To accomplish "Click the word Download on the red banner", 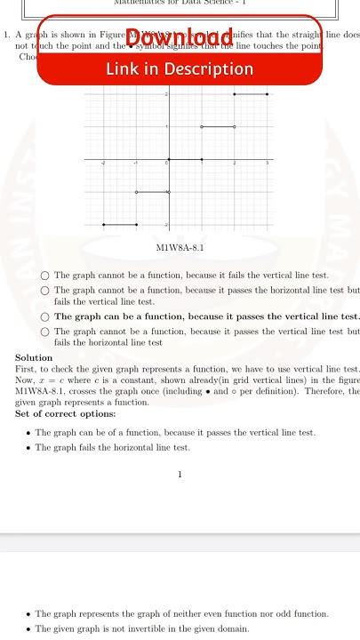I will coord(180,36).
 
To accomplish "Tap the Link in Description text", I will coord(180,68).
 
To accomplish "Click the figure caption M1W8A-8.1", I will coord(180,248).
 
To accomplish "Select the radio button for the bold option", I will coord(44,316).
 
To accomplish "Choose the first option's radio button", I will coord(44,276).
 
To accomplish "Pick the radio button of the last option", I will coord(44,332).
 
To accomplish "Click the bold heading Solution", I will coord(34,357).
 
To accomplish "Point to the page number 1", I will coord(180,475).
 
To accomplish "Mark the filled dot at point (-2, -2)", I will coord(104,225).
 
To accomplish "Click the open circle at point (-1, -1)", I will coord(136,192).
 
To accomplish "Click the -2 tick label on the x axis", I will coord(103,165).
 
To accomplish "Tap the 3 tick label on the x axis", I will coord(267,165).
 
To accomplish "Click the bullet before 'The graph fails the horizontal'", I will coord(28,448).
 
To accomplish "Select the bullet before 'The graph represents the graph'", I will coord(28,614).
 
